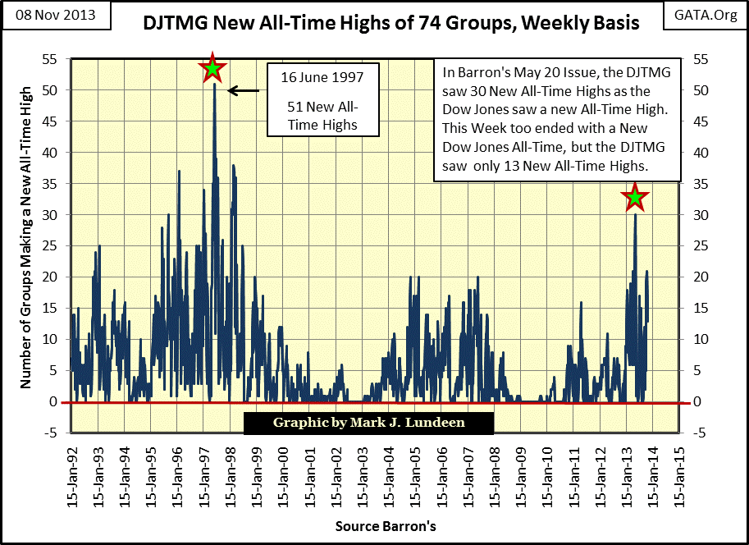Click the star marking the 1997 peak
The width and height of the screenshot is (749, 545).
tap(212, 69)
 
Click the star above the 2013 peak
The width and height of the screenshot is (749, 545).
tap(634, 197)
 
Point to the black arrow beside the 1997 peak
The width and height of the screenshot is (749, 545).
tap(243, 90)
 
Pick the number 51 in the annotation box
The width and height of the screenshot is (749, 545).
tap(295, 107)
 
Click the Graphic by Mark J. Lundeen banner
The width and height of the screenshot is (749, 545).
tap(368, 422)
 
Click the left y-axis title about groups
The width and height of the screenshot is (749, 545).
tap(25, 247)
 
